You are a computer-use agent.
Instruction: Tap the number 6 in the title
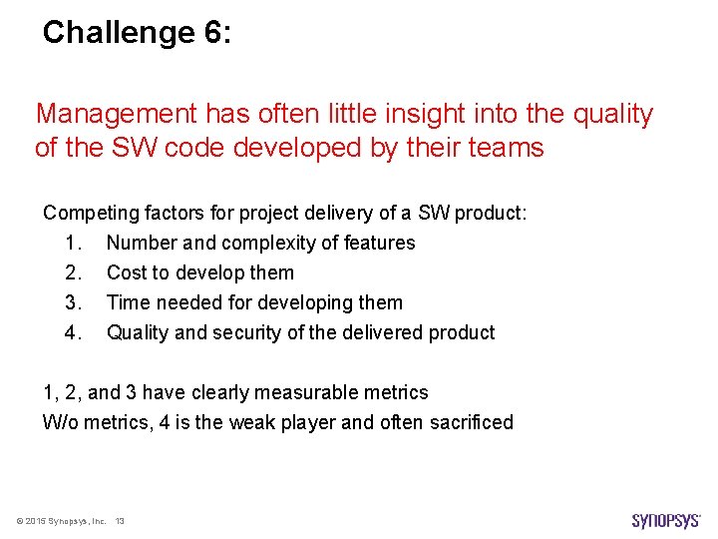(x=214, y=33)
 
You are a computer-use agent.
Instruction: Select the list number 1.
(x=71, y=243)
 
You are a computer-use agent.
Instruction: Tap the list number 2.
(x=71, y=272)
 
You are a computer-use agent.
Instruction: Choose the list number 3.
(x=71, y=302)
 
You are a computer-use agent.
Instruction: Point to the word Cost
(x=126, y=272)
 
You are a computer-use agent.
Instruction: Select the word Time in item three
(x=127, y=302)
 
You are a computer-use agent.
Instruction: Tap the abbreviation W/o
(x=61, y=422)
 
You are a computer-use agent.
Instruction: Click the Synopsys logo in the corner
(x=666, y=520)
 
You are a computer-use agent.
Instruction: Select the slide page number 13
(x=120, y=521)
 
